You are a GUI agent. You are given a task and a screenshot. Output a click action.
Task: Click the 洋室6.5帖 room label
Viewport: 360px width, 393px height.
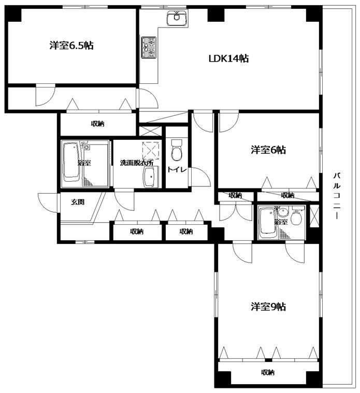pos(71,46)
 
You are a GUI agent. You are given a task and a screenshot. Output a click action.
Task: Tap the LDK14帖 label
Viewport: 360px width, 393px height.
pos(228,59)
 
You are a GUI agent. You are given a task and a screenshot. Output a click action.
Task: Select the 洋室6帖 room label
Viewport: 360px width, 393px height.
pos(268,150)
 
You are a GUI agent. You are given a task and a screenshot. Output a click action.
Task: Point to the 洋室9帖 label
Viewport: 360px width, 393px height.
pos(268,307)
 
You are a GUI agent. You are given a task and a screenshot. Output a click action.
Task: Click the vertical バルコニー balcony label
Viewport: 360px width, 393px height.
pos(337,196)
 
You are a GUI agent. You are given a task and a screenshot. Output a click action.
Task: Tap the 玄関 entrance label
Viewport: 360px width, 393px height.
pos(78,202)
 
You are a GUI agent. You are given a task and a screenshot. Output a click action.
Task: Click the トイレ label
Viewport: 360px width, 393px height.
pos(177,170)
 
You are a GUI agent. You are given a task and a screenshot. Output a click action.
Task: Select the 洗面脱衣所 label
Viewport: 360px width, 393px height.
pos(137,163)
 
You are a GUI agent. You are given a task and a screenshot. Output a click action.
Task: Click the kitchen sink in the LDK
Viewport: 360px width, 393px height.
pos(177,18)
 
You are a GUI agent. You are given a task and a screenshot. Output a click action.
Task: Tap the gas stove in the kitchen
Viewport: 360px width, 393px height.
pos(149,47)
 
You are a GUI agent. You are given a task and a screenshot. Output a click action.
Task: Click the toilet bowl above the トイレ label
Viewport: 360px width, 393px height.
pos(177,150)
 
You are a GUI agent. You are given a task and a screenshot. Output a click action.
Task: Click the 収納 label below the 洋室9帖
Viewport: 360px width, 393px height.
pos(267,372)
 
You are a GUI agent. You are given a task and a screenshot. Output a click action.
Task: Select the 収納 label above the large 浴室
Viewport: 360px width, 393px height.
pos(97,124)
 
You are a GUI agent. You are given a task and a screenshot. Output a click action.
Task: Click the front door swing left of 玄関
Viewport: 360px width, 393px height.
pos(48,203)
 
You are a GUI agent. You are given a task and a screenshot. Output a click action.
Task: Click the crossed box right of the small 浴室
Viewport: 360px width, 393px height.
pos(314,216)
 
